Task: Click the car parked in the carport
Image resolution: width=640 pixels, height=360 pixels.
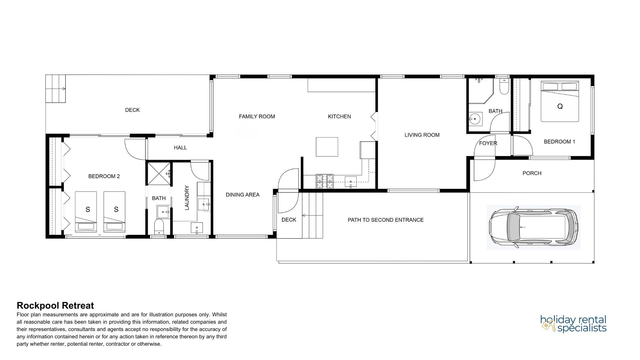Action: tap(533, 227)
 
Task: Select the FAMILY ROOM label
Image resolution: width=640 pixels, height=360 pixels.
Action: tap(257, 116)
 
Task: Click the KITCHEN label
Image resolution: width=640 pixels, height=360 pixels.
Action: tap(339, 116)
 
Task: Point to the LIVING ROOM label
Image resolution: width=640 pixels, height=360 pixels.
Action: tap(422, 135)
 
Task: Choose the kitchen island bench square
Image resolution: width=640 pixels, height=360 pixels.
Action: tap(327, 147)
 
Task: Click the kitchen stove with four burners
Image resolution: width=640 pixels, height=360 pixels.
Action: tap(325, 182)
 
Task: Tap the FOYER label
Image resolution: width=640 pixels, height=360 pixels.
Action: tap(488, 143)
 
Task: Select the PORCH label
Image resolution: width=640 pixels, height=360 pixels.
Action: tap(532, 173)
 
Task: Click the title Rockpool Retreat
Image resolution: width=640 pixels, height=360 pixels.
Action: tap(55, 305)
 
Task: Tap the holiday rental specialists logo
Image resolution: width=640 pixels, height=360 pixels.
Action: tap(573, 324)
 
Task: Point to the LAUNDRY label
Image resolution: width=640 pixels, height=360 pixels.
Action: tap(187, 198)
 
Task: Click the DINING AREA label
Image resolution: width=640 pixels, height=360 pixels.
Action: tap(242, 195)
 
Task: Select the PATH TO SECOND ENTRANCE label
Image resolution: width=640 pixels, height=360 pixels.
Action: tap(386, 220)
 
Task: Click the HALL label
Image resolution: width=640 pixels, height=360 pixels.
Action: tap(180, 148)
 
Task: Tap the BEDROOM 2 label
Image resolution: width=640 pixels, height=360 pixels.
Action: tap(104, 176)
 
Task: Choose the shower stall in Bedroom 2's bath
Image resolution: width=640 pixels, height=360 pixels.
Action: tap(159, 173)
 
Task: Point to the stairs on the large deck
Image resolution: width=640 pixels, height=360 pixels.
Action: tap(56, 89)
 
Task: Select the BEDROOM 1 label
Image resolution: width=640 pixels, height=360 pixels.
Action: tap(559, 142)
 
